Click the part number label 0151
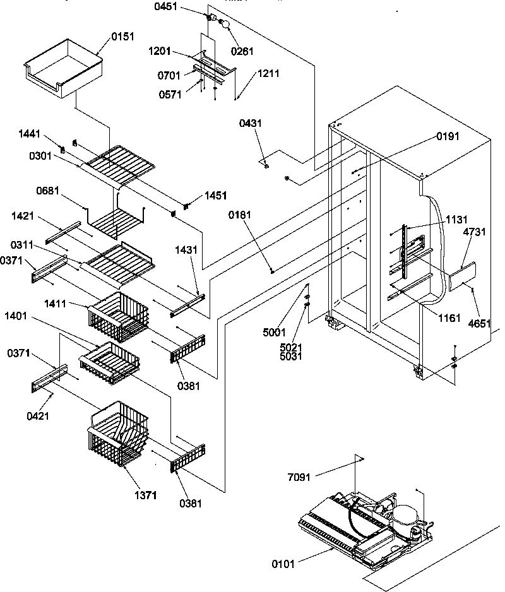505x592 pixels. (x=122, y=37)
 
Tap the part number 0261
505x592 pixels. (x=242, y=51)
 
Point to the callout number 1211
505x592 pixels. (x=268, y=74)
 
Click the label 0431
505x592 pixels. (x=250, y=124)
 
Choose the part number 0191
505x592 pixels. (x=447, y=136)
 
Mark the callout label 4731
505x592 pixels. (x=474, y=233)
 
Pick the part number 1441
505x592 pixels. (x=29, y=134)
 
